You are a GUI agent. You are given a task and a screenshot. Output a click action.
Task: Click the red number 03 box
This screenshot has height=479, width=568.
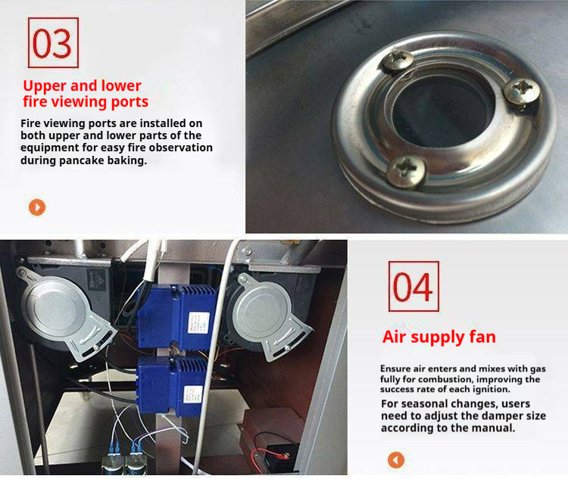[53, 42]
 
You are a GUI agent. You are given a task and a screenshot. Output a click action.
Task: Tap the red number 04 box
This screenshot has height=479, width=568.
[414, 286]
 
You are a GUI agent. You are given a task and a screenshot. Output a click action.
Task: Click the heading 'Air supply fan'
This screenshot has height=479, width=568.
[439, 337]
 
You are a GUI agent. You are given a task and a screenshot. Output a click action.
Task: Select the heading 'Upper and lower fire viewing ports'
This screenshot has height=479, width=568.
[86, 94]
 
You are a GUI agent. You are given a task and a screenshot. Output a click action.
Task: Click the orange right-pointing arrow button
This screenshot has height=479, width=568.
[37, 207]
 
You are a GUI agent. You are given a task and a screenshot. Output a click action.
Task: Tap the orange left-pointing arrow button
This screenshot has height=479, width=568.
[396, 460]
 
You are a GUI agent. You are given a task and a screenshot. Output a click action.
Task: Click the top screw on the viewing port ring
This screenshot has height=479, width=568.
[398, 61]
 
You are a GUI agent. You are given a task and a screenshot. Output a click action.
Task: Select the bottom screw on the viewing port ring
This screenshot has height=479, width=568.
[406, 171]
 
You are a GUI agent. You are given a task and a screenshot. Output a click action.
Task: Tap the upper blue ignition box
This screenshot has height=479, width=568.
[176, 316]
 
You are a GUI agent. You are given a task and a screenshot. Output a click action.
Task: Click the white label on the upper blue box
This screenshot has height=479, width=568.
[198, 322]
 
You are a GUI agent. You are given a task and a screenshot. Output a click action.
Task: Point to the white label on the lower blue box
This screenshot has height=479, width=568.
[192, 394]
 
